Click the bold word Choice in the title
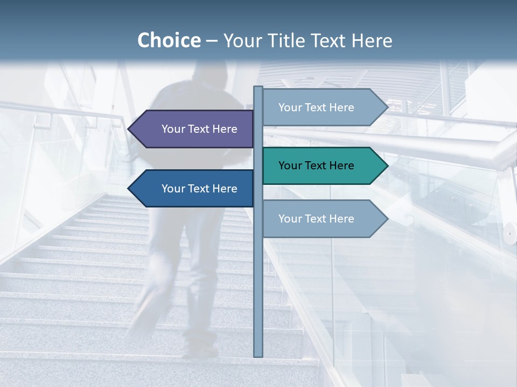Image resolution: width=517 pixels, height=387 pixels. (x=169, y=40)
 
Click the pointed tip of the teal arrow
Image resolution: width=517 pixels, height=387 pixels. (x=387, y=166)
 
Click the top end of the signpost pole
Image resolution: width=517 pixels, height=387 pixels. (x=258, y=88)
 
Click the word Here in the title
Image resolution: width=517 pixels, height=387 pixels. (x=372, y=40)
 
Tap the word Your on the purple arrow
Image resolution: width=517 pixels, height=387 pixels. (x=173, y=129)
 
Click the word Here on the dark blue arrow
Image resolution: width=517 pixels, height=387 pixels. (x=225, y=189)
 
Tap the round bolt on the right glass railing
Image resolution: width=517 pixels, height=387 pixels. (x=509, y=232)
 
